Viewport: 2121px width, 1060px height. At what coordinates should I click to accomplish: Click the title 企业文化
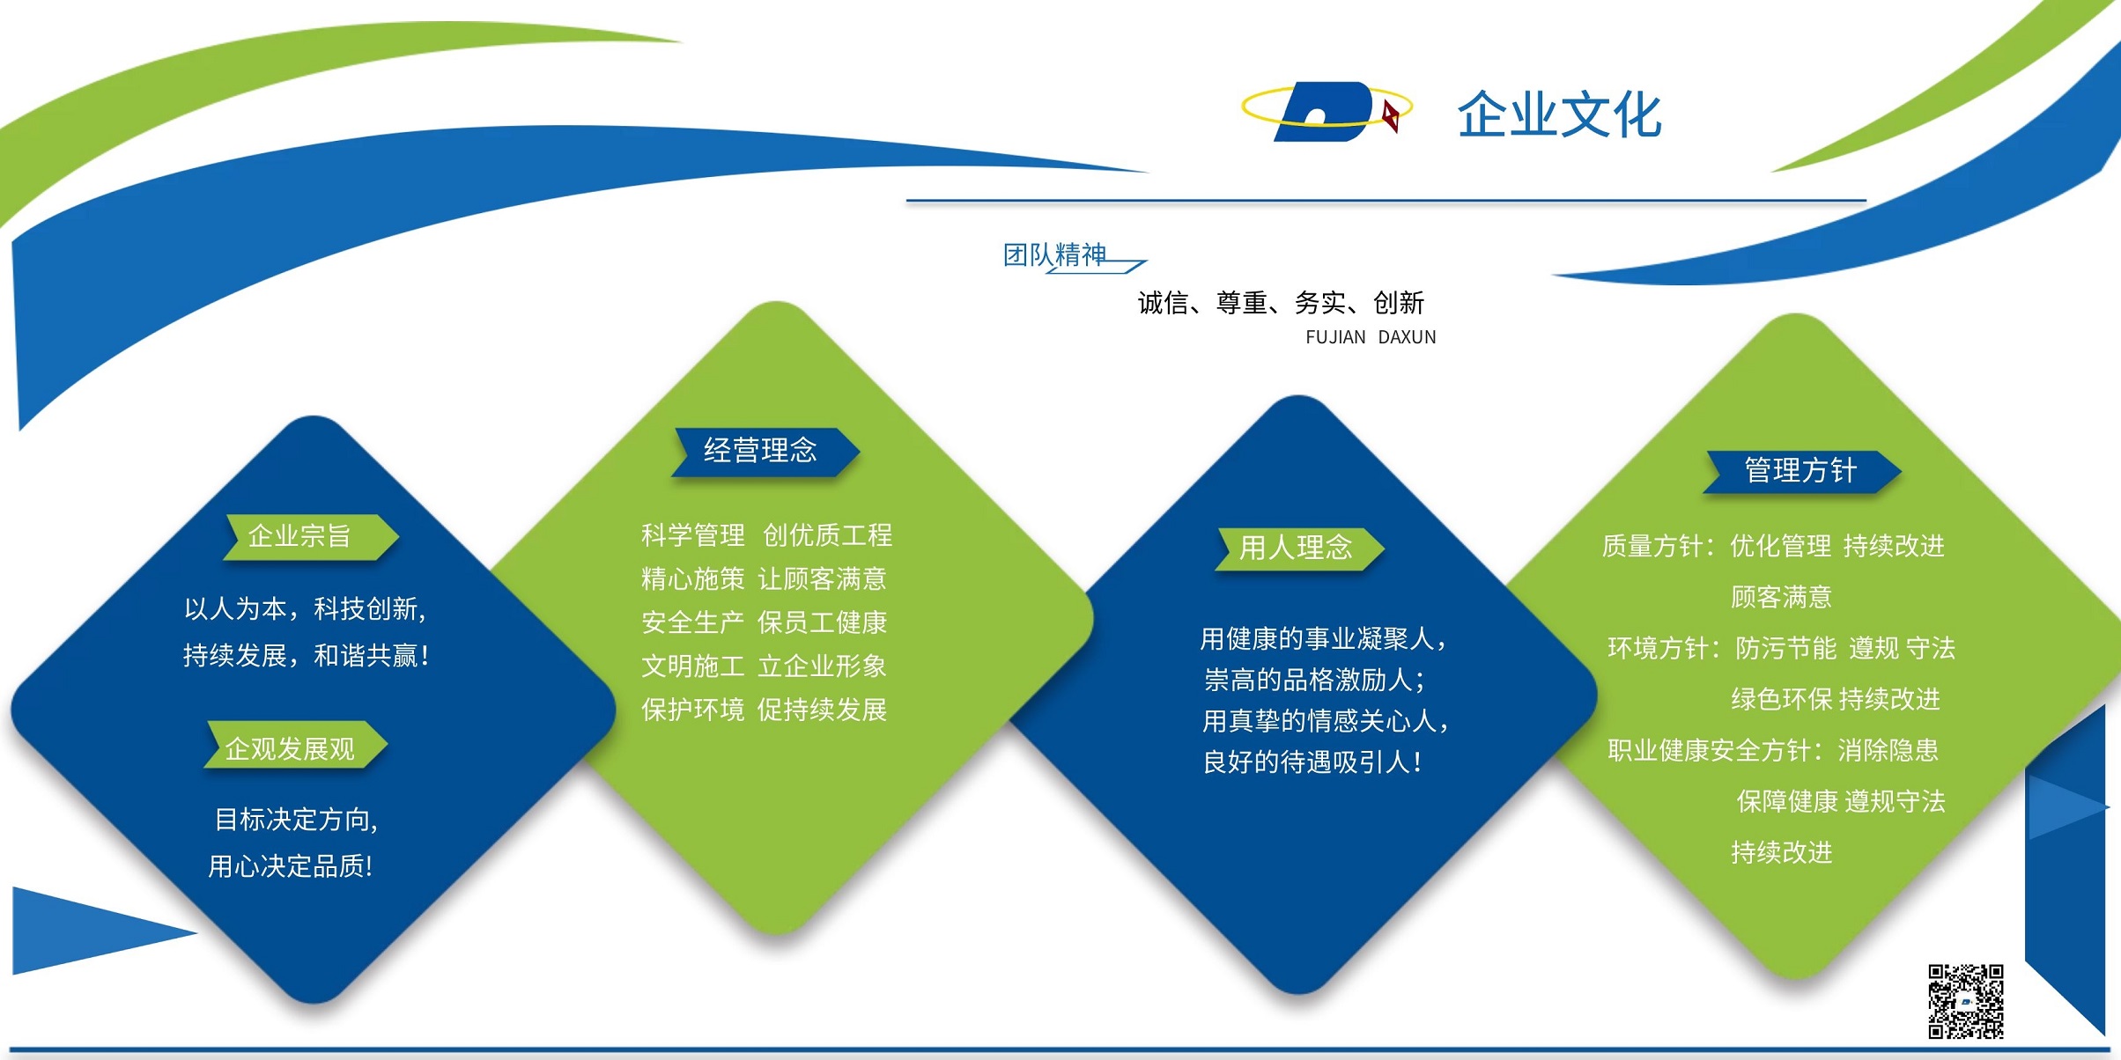click(1559, 115)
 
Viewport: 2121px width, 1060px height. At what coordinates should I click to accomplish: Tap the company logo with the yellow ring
click(1327, 111)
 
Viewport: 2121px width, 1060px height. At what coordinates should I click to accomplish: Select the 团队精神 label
click(1054, 254)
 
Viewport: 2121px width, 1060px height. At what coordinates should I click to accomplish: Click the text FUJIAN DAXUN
click(1371, 337)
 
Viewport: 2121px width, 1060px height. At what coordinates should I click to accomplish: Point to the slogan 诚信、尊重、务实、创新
click(1281, 303)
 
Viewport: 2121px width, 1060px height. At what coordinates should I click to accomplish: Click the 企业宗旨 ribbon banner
click(311, 536)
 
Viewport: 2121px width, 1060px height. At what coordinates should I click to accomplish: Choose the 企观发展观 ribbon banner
click(296, 747)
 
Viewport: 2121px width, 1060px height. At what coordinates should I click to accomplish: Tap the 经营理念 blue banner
click(765, 451)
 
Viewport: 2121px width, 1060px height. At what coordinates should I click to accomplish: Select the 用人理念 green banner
click(1299, 548)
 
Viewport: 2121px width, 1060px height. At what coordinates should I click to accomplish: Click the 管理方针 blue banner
click(1802, 471)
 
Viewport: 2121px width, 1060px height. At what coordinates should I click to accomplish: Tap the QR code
click(1966, 1001)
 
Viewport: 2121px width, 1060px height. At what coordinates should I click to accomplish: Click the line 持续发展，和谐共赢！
click(307, 655)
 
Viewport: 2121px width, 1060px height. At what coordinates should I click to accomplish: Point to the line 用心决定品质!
click(291, 866)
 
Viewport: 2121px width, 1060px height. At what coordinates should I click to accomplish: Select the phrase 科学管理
click(693, 534)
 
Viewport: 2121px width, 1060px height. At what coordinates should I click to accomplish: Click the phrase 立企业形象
click(822, 666)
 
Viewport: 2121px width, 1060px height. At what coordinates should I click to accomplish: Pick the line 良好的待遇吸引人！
click(1313, 762)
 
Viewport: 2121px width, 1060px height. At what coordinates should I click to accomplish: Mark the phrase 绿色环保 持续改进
click(1836, 699)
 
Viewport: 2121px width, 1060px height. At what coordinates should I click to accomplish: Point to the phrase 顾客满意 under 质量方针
click(1781, 597)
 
